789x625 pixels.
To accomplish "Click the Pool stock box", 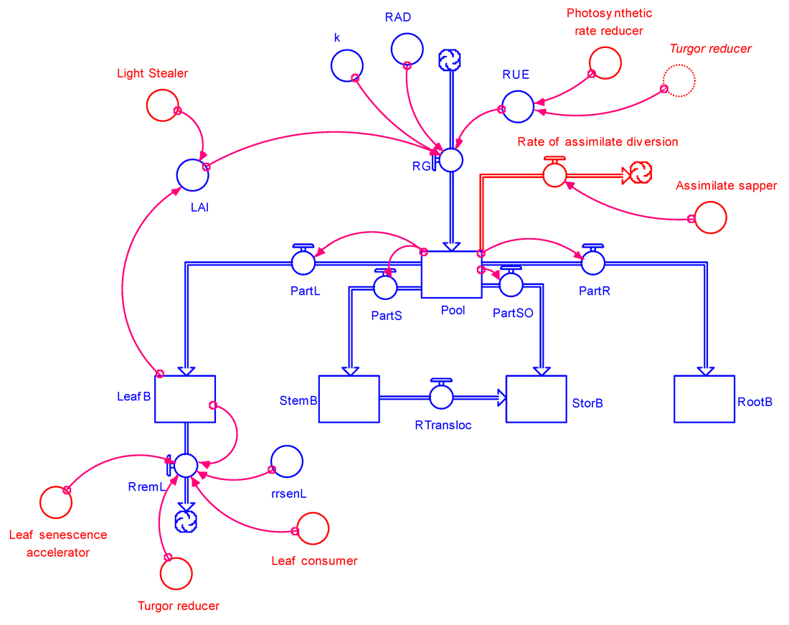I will click(451, 274).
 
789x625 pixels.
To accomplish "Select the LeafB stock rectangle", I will click(185, 399).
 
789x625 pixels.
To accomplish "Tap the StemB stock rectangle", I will click(349, 399).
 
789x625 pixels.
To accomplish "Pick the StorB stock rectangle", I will click(536, 399).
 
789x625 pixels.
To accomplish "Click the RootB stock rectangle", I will click(704, 399).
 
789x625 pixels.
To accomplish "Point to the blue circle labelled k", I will click(346, 65).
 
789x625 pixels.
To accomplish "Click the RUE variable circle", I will click(517, 107).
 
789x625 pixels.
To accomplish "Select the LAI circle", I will click(192, 175).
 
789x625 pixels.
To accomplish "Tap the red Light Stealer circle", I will click(162, 105).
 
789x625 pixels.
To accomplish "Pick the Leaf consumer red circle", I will click(313, 529).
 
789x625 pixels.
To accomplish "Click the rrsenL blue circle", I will click(287, 461).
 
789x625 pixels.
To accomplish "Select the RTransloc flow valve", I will click(440, 396).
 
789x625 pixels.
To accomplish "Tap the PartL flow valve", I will click(303, 263).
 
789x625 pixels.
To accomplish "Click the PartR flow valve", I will click(592, 263).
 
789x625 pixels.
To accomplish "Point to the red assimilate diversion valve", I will click(554, 174).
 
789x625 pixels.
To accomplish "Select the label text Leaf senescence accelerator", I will click(58, 543).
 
